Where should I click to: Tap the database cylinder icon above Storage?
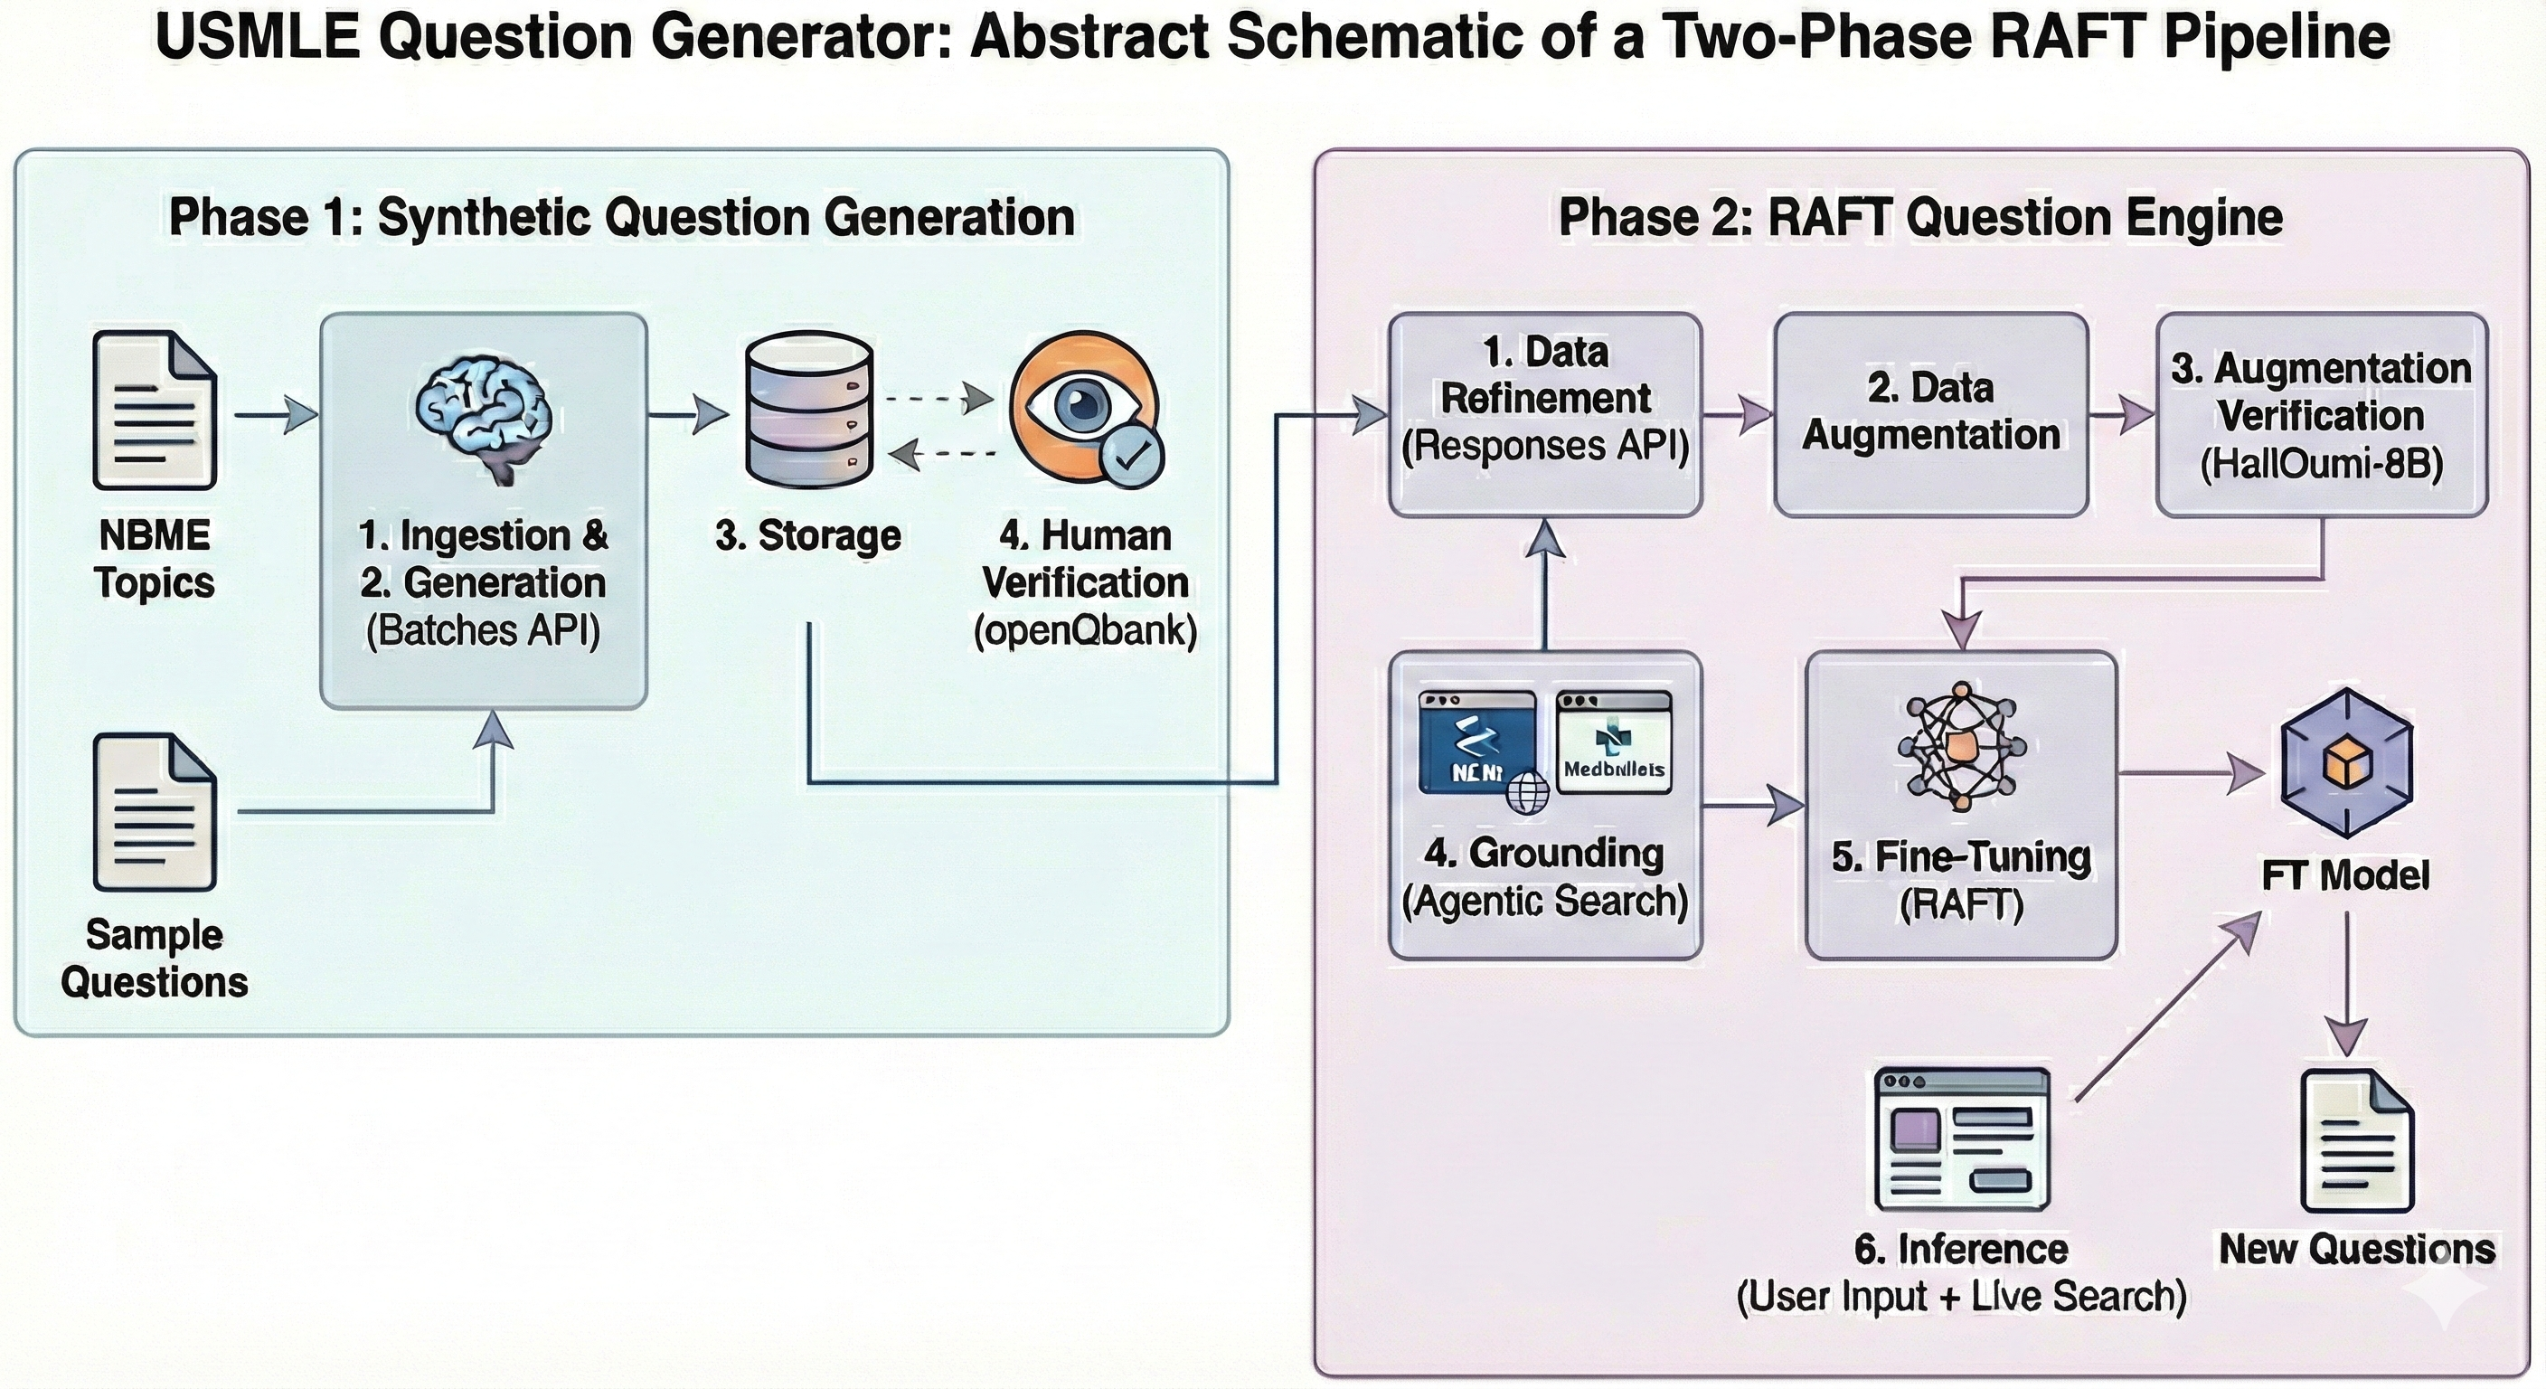coord(808,405)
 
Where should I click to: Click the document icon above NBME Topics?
coord(156,411)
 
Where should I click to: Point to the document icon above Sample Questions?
coord(156,813)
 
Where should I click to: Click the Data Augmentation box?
coord(1930,414)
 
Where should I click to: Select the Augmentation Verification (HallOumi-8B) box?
coord(2321,414)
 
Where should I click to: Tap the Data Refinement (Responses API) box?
coord(1545,414)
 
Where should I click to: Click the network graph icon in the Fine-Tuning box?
coord(1962,747)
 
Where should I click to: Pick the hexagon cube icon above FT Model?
coord(2346,764)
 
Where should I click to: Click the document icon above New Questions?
coord(2357,1141)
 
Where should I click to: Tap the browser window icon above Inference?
coord(1962,1138)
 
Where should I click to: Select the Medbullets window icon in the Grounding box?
coord(1613,742)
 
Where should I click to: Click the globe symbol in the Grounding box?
coord(1526,792)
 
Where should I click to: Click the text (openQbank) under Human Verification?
coord(1084,629)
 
